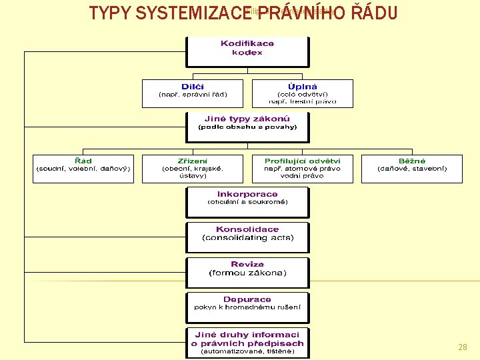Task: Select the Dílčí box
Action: [x=193, y=94]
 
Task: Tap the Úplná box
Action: [x=303, y=94]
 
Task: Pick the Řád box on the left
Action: [x=83, y=169]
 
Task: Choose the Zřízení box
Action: [x=193, y=169]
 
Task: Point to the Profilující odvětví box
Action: [x=303, y=169]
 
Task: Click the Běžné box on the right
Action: [x=411, y=169]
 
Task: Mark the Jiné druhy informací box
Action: [x=247, y=343]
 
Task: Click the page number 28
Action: [x=463, y=347]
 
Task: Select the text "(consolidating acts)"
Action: [x=247, y=238]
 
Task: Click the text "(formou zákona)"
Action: [x=247, y=273]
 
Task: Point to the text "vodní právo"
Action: [x=303, y=176]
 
